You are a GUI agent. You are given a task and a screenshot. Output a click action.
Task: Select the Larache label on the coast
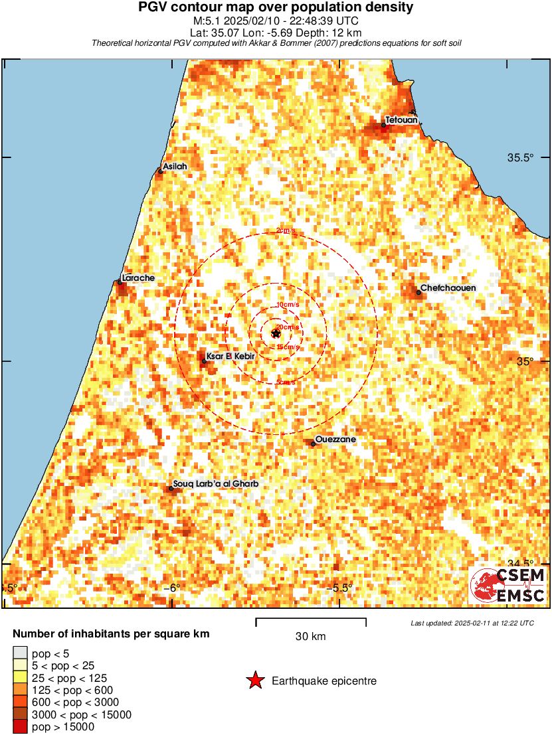tap(139, 278)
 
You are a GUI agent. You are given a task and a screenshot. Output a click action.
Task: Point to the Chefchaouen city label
tap(448, 288)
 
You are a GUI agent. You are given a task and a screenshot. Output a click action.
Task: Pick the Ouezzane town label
tap(336, 440)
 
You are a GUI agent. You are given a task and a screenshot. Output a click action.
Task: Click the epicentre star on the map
tap(276, 333)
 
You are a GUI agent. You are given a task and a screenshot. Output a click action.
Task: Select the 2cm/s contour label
tap(286, 231)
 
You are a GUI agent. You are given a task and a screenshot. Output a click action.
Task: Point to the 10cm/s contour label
tap(287, 305)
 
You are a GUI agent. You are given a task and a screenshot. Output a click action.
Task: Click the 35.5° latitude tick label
tap(521, 158)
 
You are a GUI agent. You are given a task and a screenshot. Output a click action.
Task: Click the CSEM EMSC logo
tap(508, 586)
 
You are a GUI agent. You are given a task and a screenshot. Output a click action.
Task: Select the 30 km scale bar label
tap(310, 637)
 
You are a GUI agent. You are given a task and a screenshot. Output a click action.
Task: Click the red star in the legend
tap(254, 681)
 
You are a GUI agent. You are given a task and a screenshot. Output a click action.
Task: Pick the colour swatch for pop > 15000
tap(21, 727)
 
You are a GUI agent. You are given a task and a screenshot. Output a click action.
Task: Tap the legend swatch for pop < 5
tap(21, 654)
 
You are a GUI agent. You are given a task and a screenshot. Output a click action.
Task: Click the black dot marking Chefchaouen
tap(418, 292)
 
